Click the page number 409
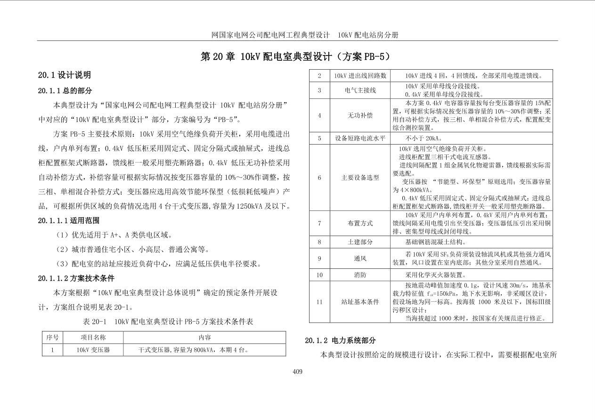coord(297,372)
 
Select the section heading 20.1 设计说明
coord(65,75)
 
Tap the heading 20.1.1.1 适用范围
coord(69,220)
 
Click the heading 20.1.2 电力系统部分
coord(340,340)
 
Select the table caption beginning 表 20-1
coord(168,322)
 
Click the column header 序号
coord(52,338)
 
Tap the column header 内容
coord(204,338)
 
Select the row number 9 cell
coord(319,258)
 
